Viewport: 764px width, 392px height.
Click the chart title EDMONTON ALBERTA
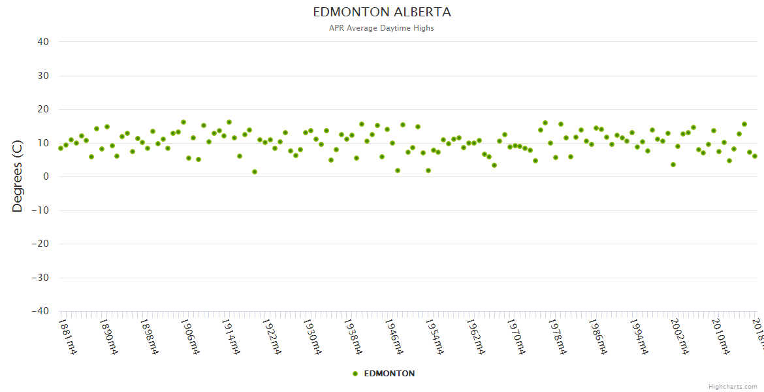click(381, 12)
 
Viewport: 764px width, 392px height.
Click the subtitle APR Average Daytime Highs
click(381, 28)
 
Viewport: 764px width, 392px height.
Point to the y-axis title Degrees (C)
click(18, 176)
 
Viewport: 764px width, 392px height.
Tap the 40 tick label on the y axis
click(42, 42)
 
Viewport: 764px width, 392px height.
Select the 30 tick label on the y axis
click(42, 76)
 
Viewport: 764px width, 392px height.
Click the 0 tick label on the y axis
click(46, 176)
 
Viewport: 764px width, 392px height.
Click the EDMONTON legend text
click(389, 374)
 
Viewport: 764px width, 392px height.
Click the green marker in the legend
click(355, 374)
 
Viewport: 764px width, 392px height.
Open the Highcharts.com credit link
click(733, 386)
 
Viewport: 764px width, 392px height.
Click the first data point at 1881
click(61, 148)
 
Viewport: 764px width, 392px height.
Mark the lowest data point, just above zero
click(255, 172)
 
